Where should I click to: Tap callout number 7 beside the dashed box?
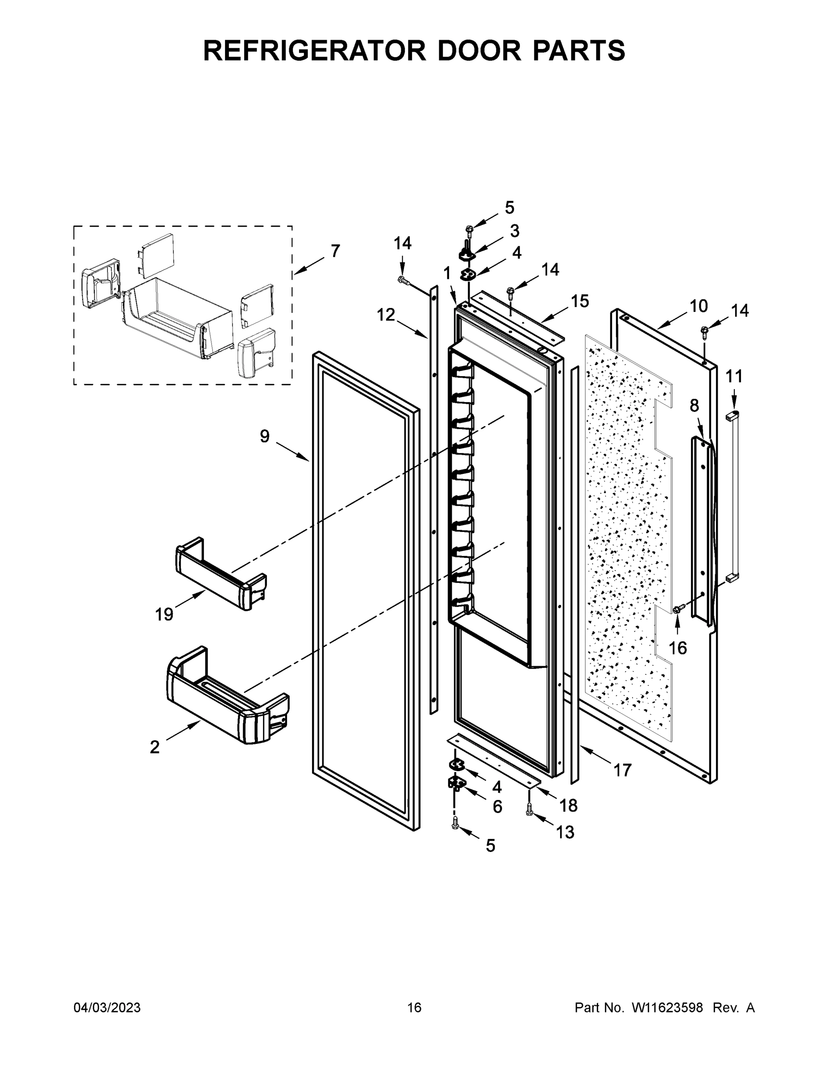click(335, 251)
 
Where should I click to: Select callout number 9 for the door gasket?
click(265, 436)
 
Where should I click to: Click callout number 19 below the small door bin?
click(164, 614)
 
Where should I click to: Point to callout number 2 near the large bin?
click(154, 747)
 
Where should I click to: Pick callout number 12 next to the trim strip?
click(386, 315)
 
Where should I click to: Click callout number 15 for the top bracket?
click(580, 301)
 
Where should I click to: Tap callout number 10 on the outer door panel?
click(699, 306)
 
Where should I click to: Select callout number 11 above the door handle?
click(734, 377)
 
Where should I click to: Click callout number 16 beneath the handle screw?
click(678, 648)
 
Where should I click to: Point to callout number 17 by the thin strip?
click(623, 770)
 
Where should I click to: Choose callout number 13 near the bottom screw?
click(565, 832)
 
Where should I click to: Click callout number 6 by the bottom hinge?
click(497, 807)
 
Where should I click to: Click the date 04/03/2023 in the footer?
click(107, 1008)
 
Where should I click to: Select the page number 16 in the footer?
click(414, 1008)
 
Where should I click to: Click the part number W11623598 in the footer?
click(667, 1008)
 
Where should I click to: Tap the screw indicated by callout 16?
click(678, 609)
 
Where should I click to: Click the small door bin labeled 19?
click(221, 574)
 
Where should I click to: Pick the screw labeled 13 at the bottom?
click(529, 809)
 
